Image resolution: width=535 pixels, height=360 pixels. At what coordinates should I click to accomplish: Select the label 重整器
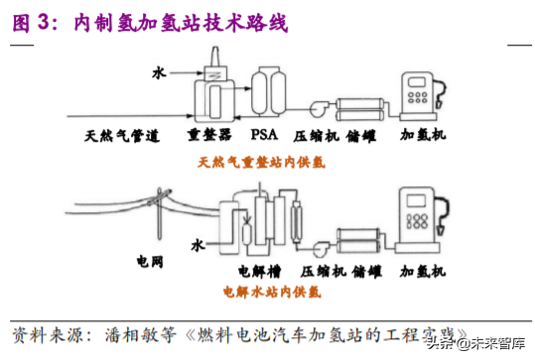(209, 134)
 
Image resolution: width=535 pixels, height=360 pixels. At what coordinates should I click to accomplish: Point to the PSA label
(264, 134)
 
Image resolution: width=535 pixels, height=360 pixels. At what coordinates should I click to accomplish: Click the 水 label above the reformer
(158, 71)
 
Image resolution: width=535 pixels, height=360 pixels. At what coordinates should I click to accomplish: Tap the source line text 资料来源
(41, 330)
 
